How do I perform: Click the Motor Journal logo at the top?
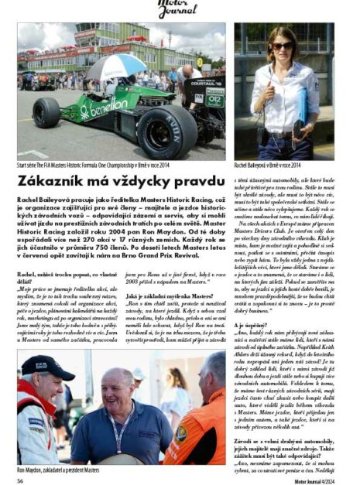tap(179, 9)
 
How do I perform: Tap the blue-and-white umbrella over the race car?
tap(117, 68)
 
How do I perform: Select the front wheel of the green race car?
tap(46, 114)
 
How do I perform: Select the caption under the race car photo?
tap(96, 165)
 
